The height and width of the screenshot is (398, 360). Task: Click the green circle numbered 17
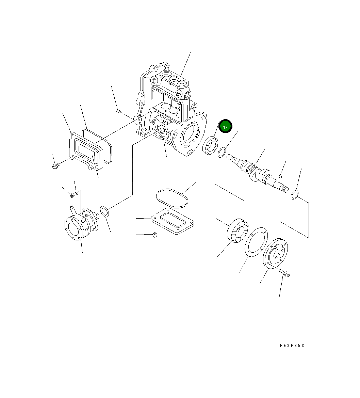[x=225, y=127]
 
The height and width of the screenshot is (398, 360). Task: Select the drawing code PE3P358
[x=292, y=345]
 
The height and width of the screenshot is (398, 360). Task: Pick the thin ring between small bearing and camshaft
[x=222, y=152]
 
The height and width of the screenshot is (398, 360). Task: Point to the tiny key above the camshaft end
[x=280, y=176]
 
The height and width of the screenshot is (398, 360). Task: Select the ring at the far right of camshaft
[x=295, y=195]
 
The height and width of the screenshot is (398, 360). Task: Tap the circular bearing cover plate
[x=275, y=253]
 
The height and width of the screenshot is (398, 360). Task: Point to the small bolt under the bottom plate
[x=155, y=234]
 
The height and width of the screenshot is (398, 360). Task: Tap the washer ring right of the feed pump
[x=105, y=211]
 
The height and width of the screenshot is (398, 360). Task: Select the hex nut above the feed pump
[x=72, y=195]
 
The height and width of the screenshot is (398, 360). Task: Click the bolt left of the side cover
[x=56, y=166]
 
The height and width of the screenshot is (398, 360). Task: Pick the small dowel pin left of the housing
[x=118, y=110]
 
